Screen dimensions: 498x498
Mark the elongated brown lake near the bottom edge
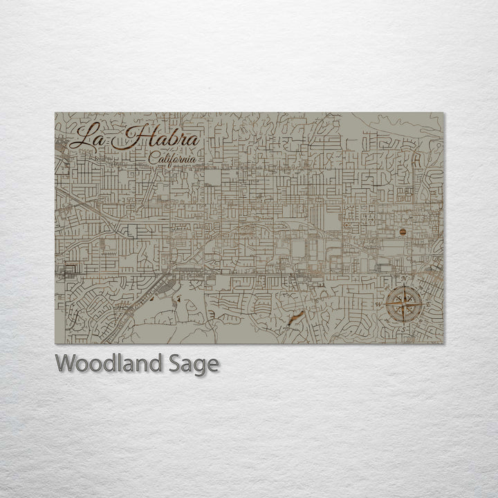point(295,317)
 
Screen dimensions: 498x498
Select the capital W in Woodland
point(66,363)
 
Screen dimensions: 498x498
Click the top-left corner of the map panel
point(55,113)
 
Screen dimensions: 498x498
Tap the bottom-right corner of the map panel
point(444,343)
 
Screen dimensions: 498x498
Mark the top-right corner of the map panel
point(444,113)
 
